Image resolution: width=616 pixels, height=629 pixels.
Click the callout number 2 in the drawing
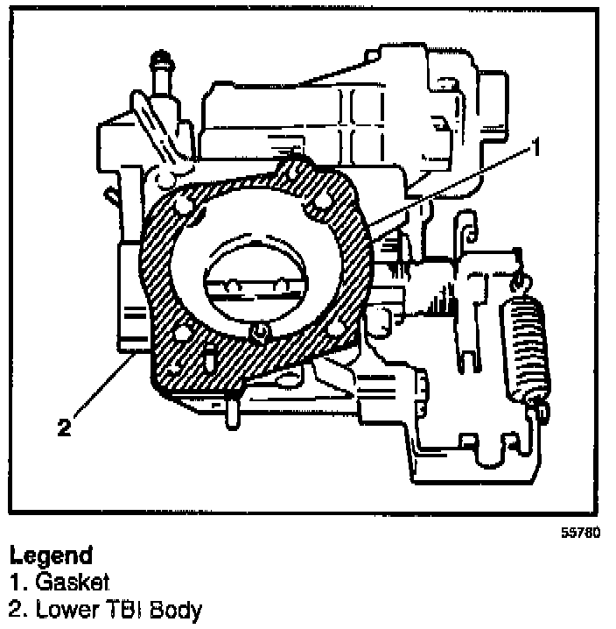pyautogui.click(x=62, y=427)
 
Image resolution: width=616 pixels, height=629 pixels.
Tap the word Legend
pyautogui.click(x=50, y=555)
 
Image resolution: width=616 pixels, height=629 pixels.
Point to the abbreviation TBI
pyautogui.click(x=122, y=607)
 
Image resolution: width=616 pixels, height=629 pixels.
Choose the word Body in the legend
pyautogui.click(x=175, y=608)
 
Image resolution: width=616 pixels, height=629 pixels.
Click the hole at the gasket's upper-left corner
pyautogui.click(x=183, y=207)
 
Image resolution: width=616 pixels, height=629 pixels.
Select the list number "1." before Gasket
pyautogui.click(x=15, y=580)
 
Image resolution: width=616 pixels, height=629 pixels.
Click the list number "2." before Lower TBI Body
pyautogui.click(x=16, y=607)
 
